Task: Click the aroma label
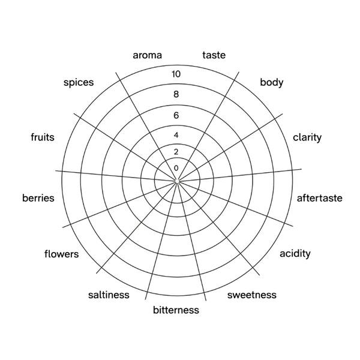148,55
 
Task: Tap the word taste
214,55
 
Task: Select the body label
272,82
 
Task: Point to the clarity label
307,137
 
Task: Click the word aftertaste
320,198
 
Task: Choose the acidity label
295,254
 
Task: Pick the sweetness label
252,295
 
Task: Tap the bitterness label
176,310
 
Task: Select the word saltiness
109,295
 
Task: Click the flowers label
62,254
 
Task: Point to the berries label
38,198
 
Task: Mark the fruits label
43,137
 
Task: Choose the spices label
79,82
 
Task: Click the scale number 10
176,74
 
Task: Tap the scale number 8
176,94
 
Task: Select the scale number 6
176,115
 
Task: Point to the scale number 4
176,135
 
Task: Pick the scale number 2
176,152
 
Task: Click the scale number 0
176,168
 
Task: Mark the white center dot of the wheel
177,181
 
